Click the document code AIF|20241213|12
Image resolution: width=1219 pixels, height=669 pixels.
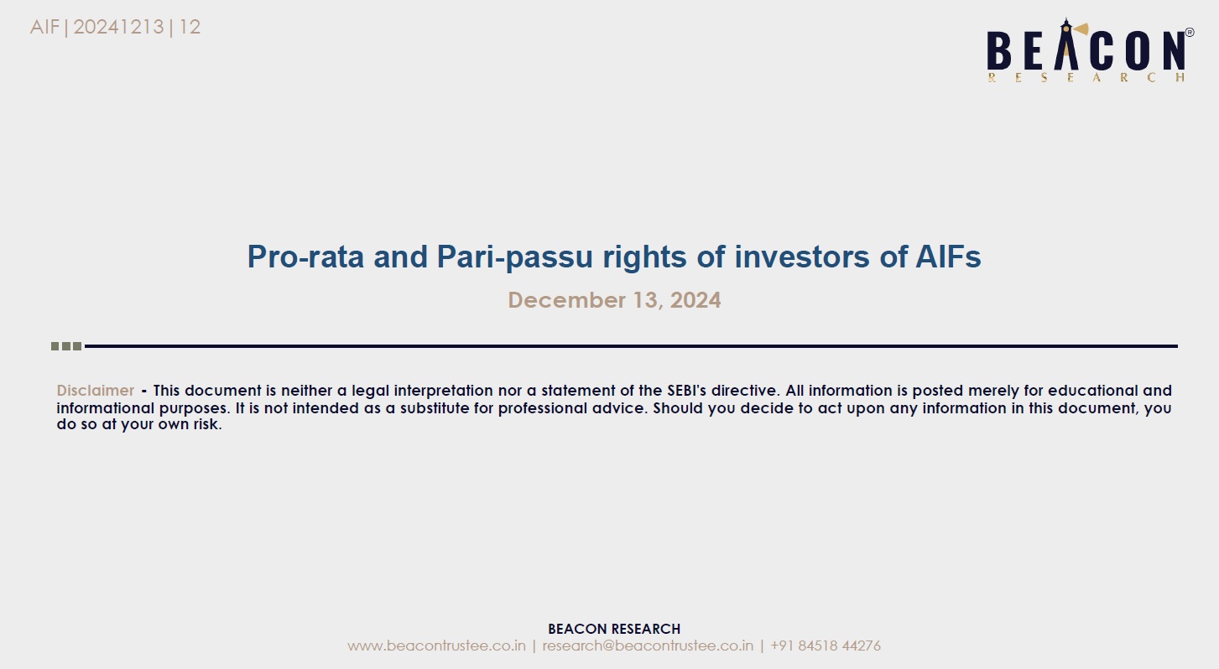[x=115, y=27]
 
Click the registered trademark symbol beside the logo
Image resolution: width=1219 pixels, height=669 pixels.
[x=1190, y=33]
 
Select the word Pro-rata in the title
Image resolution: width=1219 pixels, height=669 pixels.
[x=306, y=257]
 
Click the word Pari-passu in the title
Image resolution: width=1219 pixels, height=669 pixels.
[x=514, y=257]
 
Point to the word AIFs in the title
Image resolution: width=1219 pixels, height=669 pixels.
[x=948, y=257]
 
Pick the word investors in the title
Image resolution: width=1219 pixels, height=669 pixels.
[x=802, y=257]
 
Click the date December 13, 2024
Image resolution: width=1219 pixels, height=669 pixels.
[x=614, y=300]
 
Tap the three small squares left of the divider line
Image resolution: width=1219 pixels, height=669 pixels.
[x=66, y=346]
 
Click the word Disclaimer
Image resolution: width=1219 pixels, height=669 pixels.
[x=96, y=391]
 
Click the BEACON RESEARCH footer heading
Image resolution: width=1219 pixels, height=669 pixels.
[x=614, y=629]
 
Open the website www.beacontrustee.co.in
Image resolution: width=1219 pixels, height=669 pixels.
[x=436, y=646]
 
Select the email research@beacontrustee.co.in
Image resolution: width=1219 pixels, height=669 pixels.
[x=648, y=646]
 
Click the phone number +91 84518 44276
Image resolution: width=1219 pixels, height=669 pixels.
[x=826, y=646]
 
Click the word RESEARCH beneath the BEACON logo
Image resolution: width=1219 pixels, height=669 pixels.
[x=1086, y=78]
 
